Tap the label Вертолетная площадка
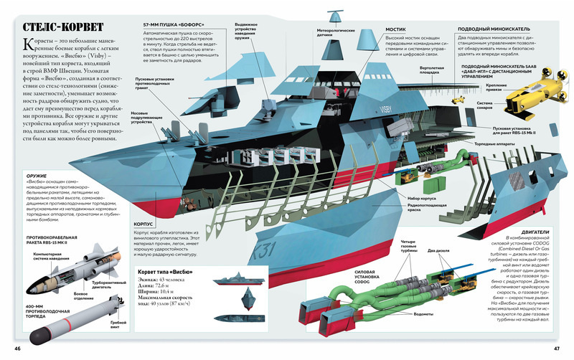pos(414,70)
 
